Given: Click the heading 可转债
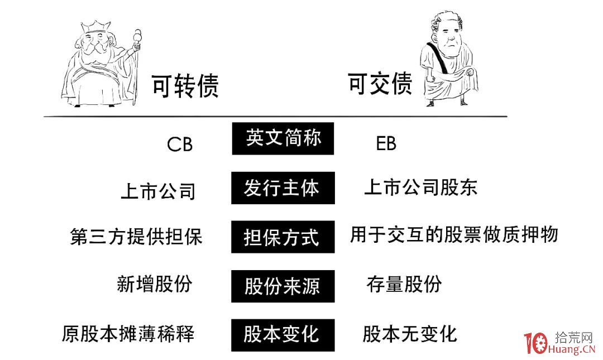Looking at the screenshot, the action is coord(185,85).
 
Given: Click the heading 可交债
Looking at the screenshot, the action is coord(380,83).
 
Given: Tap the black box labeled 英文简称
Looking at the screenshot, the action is coord(283,138).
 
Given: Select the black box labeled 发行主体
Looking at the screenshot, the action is coord(283,188).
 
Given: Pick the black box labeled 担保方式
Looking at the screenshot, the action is coord(283,237).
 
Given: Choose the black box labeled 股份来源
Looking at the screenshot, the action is coord(283,286).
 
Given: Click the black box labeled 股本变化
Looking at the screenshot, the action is coord(283,335).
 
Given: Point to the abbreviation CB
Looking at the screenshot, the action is coord(180,145).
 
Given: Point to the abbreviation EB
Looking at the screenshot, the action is coord(386,143).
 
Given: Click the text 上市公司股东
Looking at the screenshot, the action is coord(421,188).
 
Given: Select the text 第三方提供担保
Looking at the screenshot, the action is coord(136,236).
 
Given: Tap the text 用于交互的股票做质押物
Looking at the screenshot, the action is coord(454,234).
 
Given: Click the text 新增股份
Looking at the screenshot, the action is coord(155,284).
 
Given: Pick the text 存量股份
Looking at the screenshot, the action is coord(404,284).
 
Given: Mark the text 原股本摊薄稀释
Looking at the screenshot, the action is coord(128,333).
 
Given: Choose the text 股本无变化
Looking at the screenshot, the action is coord(410,333).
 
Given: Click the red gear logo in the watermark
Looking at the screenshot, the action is coord(540,343).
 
